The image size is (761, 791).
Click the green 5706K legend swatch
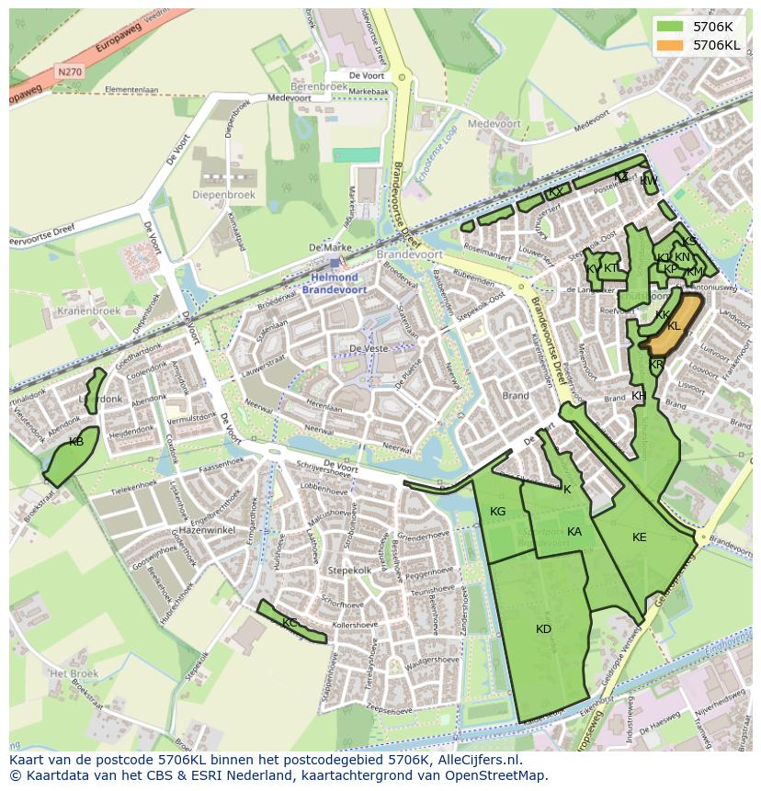tap(670, 27)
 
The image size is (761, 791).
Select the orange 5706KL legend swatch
tap(670, 44)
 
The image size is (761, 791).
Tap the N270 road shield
tap(68, 70)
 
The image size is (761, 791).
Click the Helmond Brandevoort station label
tap(335, 283)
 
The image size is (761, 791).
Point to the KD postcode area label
tap(543, 629)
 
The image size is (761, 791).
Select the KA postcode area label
tap(574, 532)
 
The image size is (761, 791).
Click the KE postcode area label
tap(640, 537)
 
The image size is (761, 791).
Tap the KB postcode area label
tap(76, 442)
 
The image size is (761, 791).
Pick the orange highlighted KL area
tap(671, 327)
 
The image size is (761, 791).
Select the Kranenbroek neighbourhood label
tap(88, 311)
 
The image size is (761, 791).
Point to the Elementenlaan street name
tap(131, 89)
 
